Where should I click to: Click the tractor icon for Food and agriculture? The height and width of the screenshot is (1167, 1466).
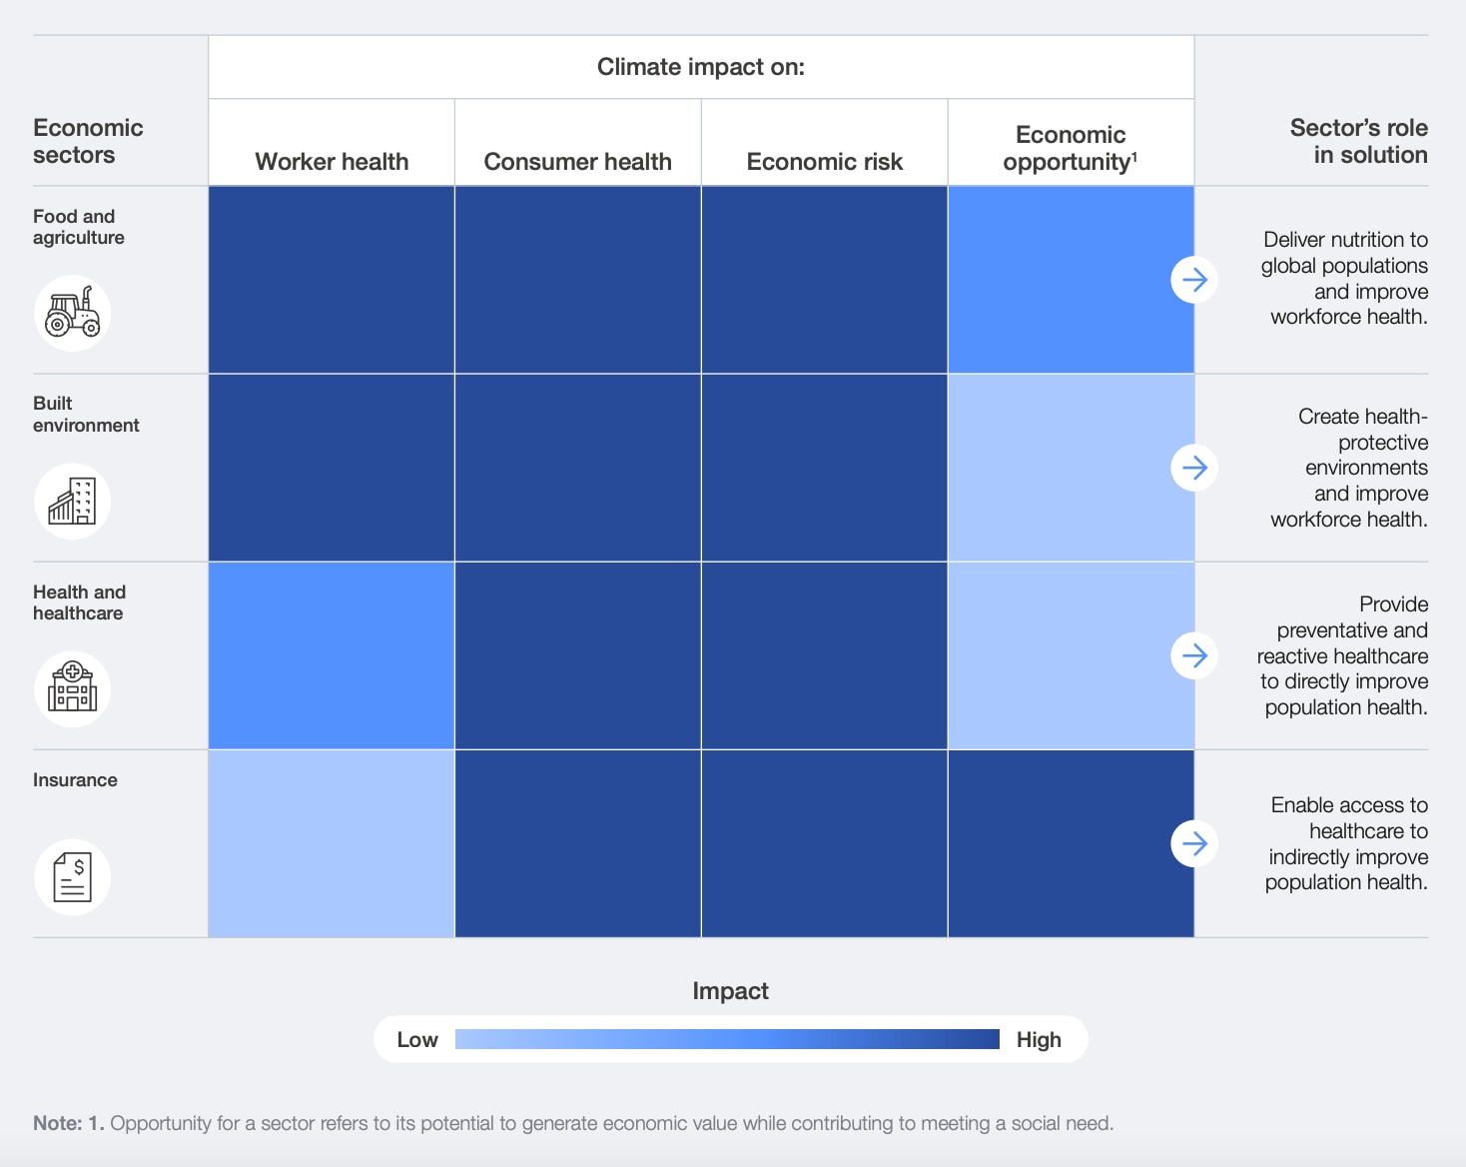73,313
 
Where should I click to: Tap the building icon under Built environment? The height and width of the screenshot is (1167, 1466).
73,501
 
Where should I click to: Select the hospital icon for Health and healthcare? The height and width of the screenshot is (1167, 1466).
73,688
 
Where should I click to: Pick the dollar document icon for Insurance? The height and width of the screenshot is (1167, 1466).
73,876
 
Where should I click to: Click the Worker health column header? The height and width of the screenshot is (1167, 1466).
332,162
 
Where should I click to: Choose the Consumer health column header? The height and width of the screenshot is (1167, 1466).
577,162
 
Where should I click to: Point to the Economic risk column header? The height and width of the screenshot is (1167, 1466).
824,162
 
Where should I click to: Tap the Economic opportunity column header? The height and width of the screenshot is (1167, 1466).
1071,149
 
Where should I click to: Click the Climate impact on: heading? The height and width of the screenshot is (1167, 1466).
700,67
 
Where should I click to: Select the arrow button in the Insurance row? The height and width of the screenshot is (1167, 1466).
1194,843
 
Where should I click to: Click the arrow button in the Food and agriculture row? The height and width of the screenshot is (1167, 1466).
1194,280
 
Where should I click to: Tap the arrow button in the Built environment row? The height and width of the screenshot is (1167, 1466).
1194,468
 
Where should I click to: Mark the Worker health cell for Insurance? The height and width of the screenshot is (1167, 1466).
332,843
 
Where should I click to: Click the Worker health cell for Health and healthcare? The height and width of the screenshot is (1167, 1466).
332,655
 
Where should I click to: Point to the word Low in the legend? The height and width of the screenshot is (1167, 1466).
417,1040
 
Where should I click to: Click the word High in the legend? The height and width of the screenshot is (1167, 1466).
1039,1040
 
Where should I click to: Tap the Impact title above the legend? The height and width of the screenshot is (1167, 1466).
730,991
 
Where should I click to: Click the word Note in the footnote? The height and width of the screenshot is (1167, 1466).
57,1123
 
